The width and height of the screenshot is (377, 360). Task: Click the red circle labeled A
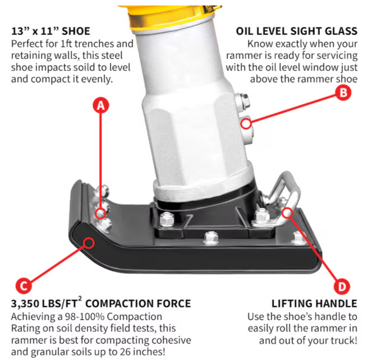pos(101,106)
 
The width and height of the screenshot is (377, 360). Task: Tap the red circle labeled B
pos(343,93)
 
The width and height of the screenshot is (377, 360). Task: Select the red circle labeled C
pos(24,286)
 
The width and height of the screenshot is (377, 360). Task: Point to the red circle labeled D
pos(342,286)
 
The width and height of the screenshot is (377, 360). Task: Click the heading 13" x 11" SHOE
pos(50,31)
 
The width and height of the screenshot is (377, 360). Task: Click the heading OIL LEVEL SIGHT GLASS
pos(296,31)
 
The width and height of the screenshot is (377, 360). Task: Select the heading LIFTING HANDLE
pos(314,304)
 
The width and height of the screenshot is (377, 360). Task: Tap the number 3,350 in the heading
pos(25,304)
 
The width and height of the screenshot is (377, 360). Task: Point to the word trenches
pos(94,44)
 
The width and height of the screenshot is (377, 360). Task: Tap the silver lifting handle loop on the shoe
pos(286,190)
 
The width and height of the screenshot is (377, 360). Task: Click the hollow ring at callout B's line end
pos(246,124)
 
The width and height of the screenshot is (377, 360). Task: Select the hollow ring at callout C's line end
pos(89,243)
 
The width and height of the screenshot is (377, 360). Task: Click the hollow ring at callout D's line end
pos(287,213)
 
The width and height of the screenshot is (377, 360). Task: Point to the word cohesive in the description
pos(170,340)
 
